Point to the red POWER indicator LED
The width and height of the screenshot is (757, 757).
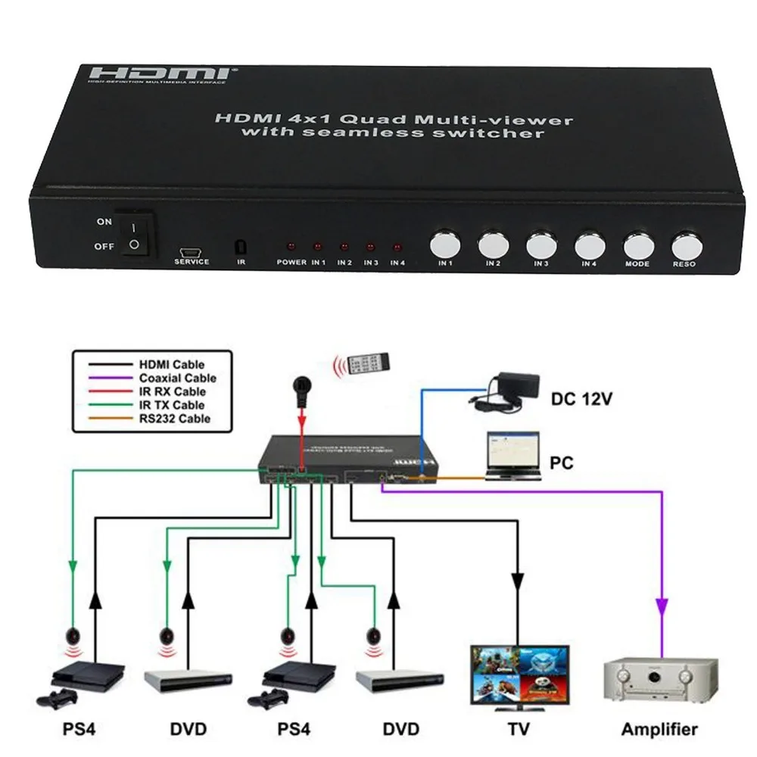point(291,248)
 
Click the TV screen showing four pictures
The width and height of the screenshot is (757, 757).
point(517,675)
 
